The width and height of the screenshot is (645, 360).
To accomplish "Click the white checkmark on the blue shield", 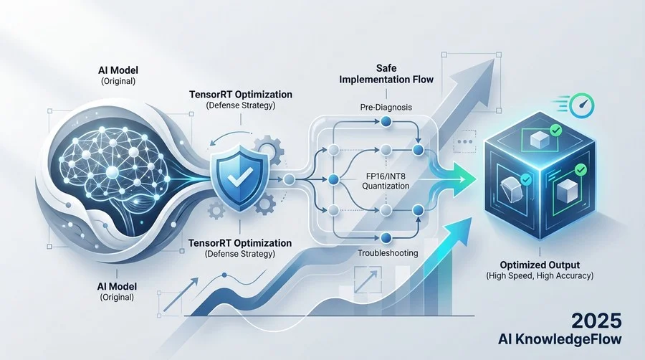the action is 241,177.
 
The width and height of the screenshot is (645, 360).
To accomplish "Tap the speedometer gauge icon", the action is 582,105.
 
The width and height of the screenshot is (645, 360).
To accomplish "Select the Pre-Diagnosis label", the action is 386,108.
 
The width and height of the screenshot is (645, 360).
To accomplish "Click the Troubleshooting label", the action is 388,253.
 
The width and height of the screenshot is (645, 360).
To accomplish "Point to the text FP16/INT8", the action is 386,176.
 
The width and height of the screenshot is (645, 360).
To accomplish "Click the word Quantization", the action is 386,186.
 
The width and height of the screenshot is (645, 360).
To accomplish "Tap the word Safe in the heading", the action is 386,68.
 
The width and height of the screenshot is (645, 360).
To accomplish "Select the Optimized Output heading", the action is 540,265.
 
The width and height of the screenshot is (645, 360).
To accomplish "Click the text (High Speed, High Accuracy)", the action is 540,275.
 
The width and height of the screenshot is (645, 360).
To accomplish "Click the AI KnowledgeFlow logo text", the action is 560,339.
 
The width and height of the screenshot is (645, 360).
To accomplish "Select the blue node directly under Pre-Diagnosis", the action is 386,121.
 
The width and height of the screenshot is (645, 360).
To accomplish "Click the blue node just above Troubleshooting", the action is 386,238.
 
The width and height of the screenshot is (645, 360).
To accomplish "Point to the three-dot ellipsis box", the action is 465,141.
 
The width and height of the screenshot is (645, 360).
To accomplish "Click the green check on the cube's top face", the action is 555,131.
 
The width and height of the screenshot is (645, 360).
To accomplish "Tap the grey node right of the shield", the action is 289,179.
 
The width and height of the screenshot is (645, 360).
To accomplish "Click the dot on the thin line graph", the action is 224,275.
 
